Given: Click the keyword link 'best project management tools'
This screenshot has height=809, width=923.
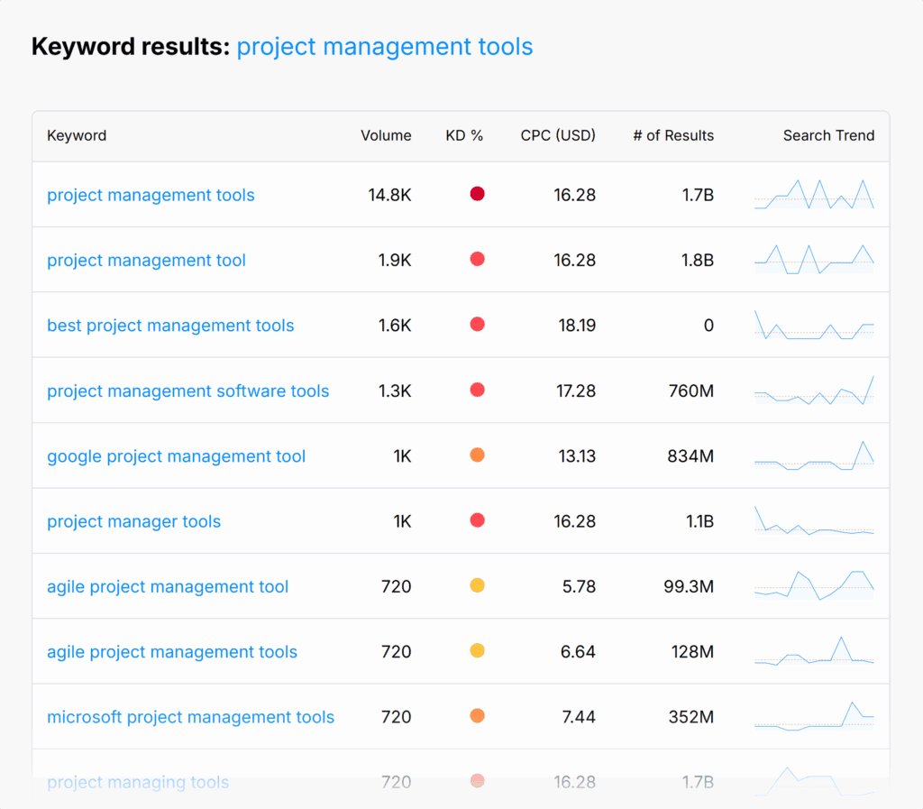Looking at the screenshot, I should pyautogui.click(x=170, y=326).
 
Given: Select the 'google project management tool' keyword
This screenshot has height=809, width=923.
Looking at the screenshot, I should pyautogui.click(x=176, y=456).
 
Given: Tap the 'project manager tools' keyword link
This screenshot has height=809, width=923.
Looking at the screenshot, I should pyautogui.click(x=133, y=521).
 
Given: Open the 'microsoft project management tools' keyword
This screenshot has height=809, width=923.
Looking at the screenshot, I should pyautogui.click(x=190, y=717).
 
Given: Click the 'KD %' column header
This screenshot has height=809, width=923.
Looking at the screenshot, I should pyautogui.click(x=464, y=135).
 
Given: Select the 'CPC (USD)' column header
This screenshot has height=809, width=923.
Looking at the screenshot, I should pyautogui.click(x=558, y=135).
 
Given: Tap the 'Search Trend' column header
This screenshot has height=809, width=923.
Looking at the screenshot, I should pyautogui.click(x=828, y=135).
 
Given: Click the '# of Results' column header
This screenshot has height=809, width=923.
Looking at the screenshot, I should pyautogui.click(x=672, y=135).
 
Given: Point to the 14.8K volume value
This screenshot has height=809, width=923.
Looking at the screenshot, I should pyautogui.click(x=389, y=195).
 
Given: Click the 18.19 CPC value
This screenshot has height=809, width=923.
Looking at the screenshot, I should pyautogui.click(x=577, y=326).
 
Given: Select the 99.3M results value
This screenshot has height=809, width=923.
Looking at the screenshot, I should pyautogui.click(x=689, y=587).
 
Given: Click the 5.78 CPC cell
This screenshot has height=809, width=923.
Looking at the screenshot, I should pyautogui.click(x=579, y=587).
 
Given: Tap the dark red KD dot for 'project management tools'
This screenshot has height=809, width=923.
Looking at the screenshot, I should pyautogui.click(x=478, y=194).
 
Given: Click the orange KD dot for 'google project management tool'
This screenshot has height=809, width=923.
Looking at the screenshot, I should pyautogui.click(x=478, y=455).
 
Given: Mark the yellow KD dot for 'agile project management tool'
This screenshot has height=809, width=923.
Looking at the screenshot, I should pyautogui.click(x=478, y=586).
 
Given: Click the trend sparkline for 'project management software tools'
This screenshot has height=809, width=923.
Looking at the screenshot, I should pyautogui.click(x=814, y=391).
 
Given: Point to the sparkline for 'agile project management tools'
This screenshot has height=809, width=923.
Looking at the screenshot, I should pyautogui.click(x=814, y=651).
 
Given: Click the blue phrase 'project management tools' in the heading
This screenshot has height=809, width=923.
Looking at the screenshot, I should pyautogui.click(x=385, y=47).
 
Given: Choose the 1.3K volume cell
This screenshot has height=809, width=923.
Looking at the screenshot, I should pyautogui.click(x=395, y=391).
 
